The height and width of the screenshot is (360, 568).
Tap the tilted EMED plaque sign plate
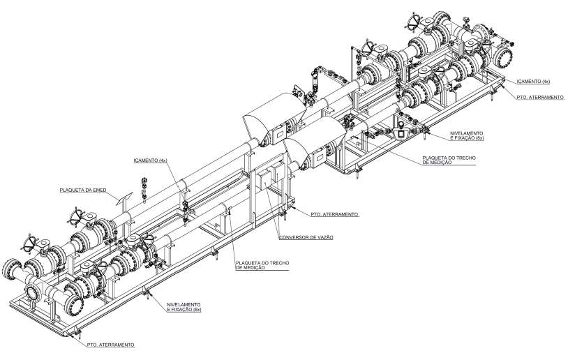[x=124, y=200]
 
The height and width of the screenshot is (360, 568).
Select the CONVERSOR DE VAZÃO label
[x=306, y=238]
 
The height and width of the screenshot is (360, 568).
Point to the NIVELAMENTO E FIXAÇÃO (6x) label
[x=467, y=136]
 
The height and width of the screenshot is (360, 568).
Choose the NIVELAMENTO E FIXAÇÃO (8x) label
[x=184, y=307]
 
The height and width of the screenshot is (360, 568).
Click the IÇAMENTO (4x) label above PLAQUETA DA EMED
[x=150, y=160]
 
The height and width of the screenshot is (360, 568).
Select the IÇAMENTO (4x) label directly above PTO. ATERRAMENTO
[x=533, y=82]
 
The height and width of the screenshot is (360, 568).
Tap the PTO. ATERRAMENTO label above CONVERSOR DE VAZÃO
[x=334, y=214]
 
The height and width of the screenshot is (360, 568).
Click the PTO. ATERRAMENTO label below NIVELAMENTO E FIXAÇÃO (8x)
[x=110, y=345]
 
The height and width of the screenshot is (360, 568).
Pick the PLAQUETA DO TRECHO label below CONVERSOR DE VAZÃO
[x=262, y=265]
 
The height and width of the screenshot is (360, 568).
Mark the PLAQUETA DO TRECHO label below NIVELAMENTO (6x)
[x=449, y=160]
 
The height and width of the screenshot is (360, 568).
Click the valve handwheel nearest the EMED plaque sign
[x=77, y=217]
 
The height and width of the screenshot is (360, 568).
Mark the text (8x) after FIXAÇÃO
[x=197, y=310]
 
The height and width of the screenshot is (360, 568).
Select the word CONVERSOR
[x=292, y=238]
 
